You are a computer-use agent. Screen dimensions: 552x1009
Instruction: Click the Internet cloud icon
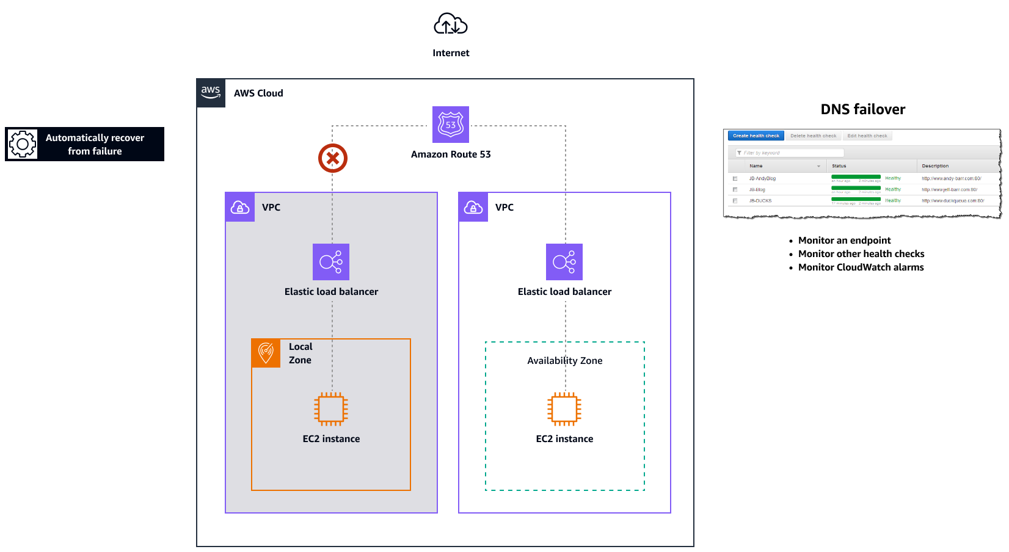[x=451, y=24]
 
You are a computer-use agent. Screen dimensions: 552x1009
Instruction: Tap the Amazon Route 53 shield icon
[x=451, y=125]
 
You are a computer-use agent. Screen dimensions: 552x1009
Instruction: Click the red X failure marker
[x=333, y=159]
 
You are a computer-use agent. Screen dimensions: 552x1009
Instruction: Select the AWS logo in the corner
[x=211, y=93]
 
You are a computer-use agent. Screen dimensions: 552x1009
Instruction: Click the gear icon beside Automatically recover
[x=23, y=144]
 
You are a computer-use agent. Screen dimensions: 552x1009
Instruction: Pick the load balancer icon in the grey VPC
[x=331, y=262]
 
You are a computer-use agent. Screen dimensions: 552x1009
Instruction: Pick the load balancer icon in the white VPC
[x=564, y=262]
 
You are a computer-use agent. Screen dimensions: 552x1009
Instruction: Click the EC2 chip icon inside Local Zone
[x=331, y=409]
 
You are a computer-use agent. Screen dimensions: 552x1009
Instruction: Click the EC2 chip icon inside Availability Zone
[x=564, y=409]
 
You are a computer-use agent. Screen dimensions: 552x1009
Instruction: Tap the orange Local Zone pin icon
[x=266, y=353]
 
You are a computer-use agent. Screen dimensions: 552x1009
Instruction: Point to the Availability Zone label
[x=565, y=361]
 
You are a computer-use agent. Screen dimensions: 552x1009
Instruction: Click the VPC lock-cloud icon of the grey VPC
[x=240, y=208]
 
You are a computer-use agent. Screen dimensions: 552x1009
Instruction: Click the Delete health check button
[x=813, y=136]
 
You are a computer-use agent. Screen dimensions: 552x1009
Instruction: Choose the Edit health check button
[x=867, y=136]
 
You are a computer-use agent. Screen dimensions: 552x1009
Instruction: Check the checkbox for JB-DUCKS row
[x=735, y=201]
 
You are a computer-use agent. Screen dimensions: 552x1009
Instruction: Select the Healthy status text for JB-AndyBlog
[x=893, y=178]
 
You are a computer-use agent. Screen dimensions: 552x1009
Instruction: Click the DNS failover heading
[x=862, y=109]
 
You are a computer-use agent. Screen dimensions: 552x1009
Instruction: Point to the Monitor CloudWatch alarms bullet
[x=861, y=267]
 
